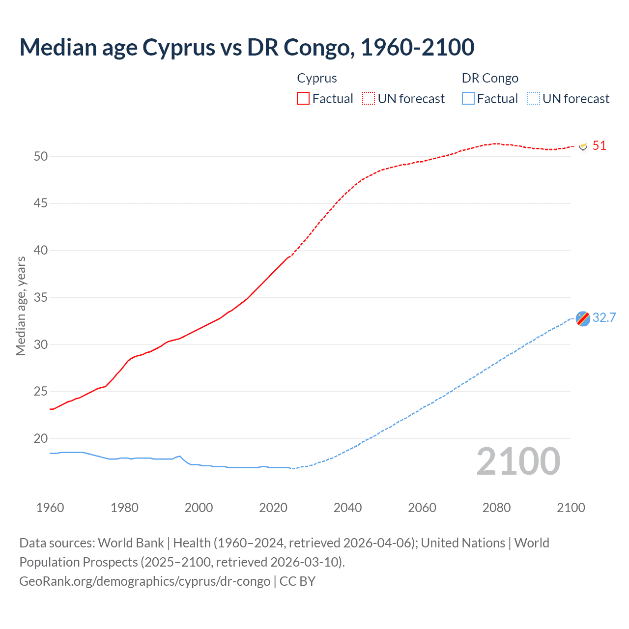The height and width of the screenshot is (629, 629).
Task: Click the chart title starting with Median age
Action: [247, 47]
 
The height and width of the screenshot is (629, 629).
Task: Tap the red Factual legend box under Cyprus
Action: [303, 98]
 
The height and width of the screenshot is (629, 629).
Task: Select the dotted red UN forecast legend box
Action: [369, 98]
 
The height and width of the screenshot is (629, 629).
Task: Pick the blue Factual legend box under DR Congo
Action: [468, 98]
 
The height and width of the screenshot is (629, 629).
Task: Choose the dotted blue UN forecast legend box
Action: [534, 98]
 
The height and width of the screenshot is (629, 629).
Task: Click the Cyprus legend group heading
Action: [317, 78]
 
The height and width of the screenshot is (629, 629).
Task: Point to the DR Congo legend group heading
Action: [490, 78]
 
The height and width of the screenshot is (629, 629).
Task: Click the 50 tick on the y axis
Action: [41, 156]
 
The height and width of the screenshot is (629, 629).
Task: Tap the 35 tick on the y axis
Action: [41, 297]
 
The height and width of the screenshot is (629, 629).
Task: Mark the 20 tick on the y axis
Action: [41, 438]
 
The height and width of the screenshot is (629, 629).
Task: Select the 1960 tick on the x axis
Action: [50, 508]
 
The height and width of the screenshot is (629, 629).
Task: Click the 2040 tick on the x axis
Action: [347, 508]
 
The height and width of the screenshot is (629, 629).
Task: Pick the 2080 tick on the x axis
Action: [496, 508]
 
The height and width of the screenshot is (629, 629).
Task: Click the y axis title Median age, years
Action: [21, 306]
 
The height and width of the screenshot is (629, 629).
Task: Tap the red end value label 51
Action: [599, 145]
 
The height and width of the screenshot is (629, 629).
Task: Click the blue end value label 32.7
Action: [604, 317]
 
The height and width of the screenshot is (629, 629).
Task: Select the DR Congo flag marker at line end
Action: [583, 318]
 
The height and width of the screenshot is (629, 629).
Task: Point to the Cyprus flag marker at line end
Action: [583, 146]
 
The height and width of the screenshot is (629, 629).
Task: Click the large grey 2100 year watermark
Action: [518, 461]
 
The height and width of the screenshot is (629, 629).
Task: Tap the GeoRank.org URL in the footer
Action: [145, 581]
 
